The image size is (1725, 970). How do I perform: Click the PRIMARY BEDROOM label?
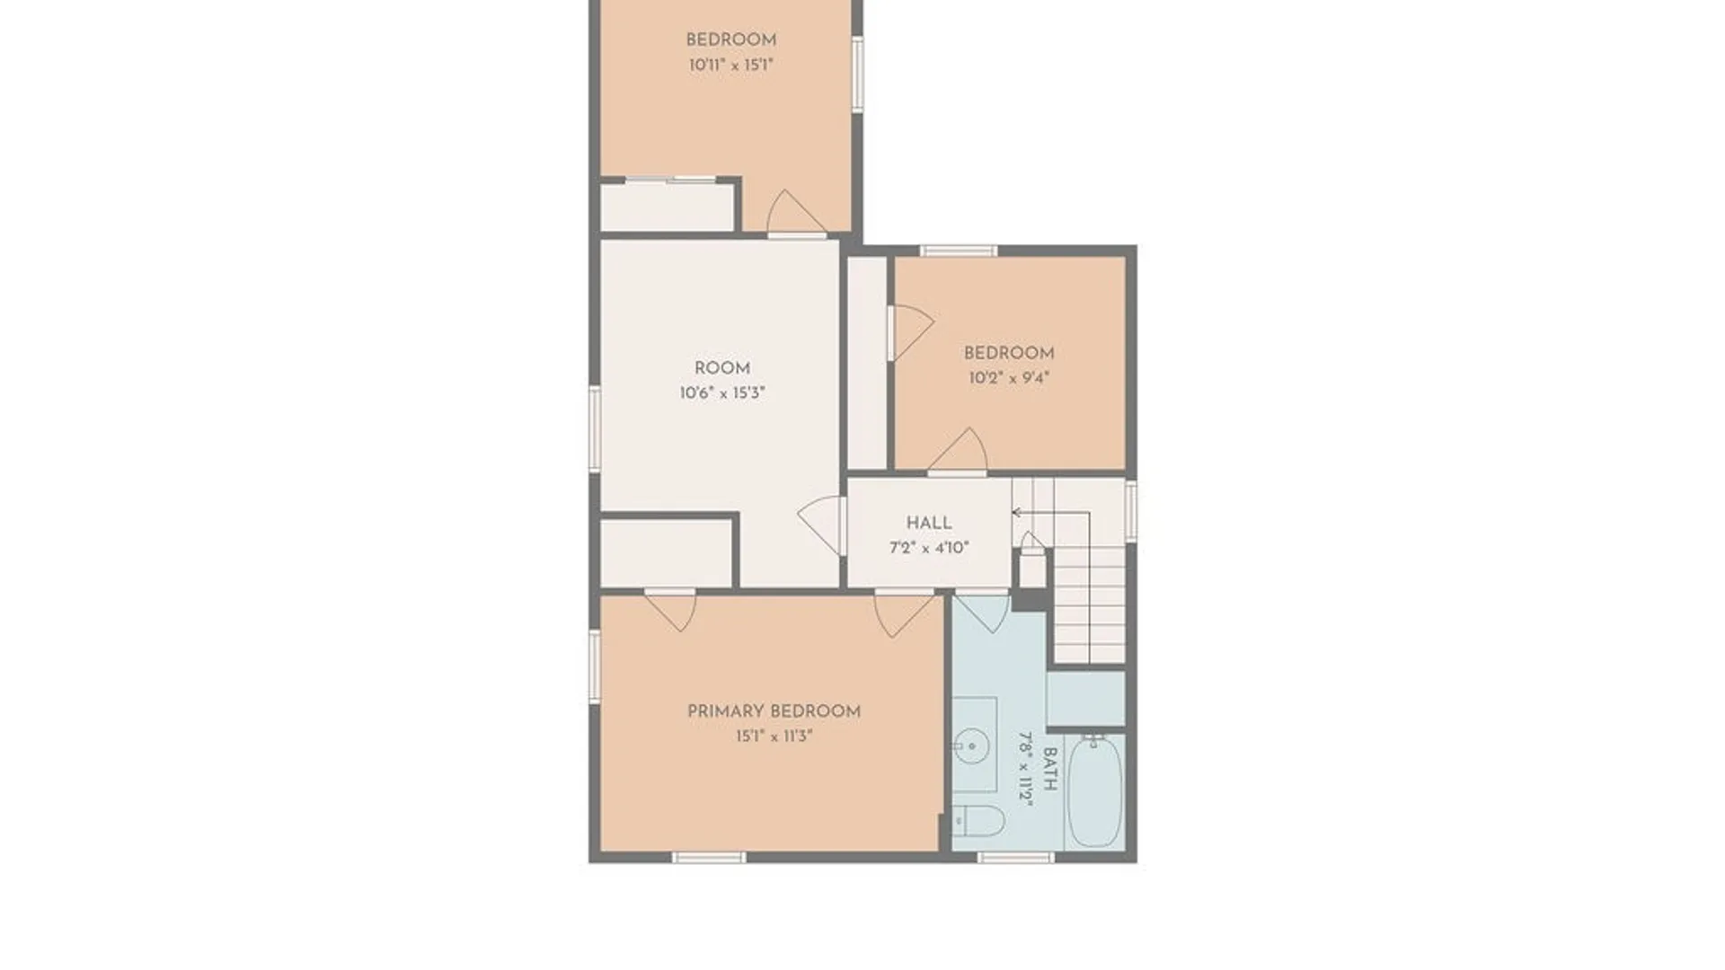click(x=774, y=711)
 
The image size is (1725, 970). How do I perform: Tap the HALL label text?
click(x=929, y=523)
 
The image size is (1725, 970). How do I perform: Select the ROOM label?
click(x=722, y=368)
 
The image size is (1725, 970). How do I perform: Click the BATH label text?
click(x=1048, y=770)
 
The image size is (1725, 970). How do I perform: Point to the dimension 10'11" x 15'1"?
click(x=731, y=65)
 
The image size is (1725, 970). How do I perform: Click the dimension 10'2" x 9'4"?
click(x=1009, y=378)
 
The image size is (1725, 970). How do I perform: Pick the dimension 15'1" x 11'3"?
click(x=774, y=736)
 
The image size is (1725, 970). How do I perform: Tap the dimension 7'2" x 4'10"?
click(x=929, y=548)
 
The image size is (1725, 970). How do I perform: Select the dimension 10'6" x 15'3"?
click(x=722, y=393)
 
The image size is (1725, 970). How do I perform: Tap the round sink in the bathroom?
click(x=971, y=745)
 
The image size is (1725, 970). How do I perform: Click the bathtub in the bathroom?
click(x=1095, y=790)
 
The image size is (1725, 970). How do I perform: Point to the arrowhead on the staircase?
click(x=1017, y=513)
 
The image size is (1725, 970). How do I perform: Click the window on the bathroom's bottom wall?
click(x=1015, y=858)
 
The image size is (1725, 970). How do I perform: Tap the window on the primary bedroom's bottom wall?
click(x=709, y=858)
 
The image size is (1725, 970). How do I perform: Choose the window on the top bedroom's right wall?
click(x=858, y=74)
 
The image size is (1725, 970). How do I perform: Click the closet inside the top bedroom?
click(x=668, y=207)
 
